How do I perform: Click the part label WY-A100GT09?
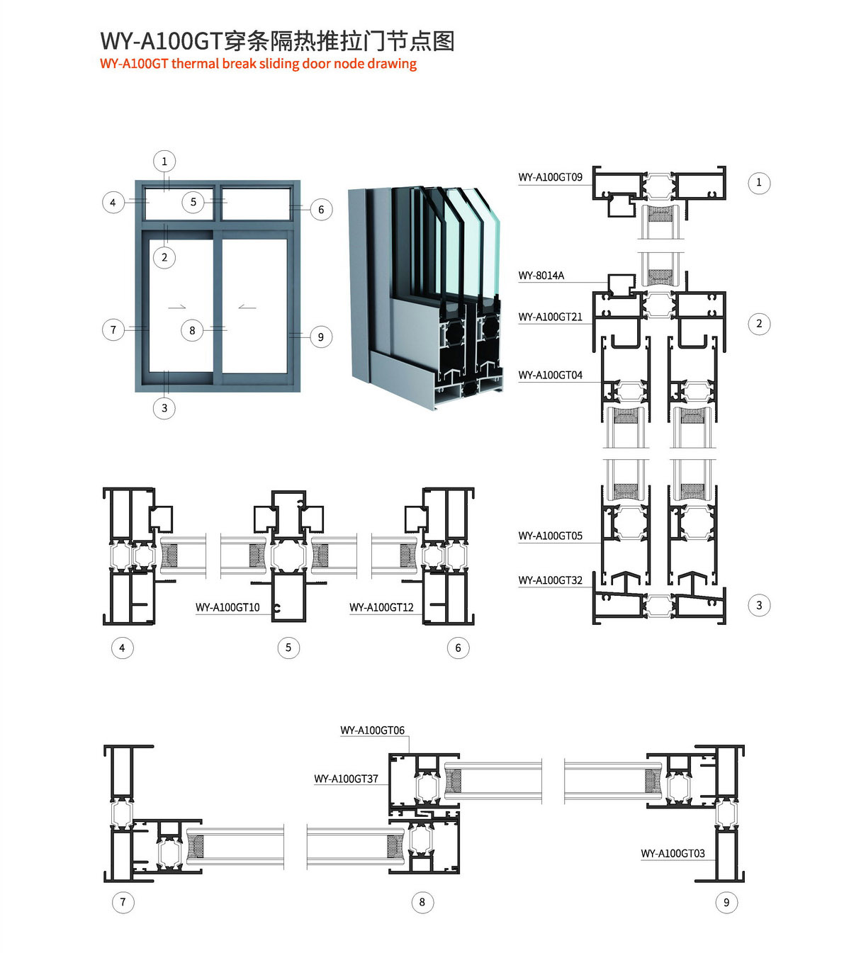(550, 177)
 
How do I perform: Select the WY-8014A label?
(541, 276)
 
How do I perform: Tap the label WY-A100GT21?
(550, 317)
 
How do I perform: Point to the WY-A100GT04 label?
(550, 376)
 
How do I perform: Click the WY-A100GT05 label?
(550, 536)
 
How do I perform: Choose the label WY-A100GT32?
(550, 580)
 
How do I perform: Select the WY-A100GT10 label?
(227, 608)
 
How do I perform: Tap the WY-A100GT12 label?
(381, 608)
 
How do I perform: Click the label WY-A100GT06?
(372, 731)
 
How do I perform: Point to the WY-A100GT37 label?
(346, 779)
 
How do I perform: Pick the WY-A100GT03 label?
(673, 854)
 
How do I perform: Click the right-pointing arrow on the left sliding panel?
(177, 308)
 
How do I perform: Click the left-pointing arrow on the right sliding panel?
(247, 308)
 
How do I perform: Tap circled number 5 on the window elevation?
(193, 202)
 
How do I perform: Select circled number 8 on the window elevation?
(192, 331)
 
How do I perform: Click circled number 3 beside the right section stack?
(759, 605)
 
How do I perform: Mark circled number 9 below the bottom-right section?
(726, 903)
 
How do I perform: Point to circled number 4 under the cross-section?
(123, 648)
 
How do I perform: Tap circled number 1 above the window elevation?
(164, 162)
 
